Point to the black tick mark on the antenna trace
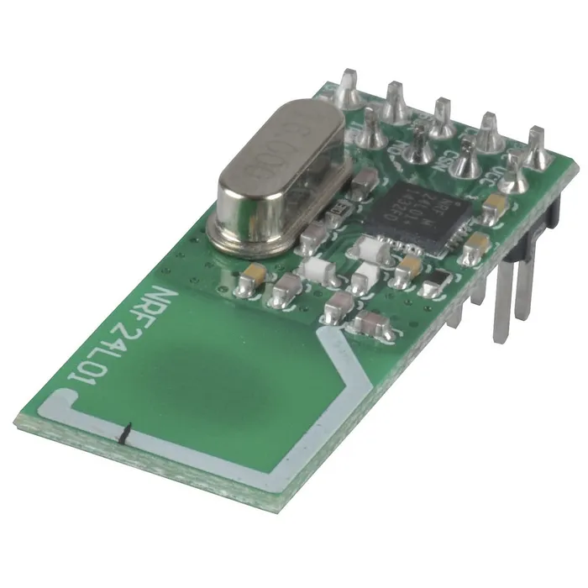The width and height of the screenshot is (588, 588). click(x=124, y=433)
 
